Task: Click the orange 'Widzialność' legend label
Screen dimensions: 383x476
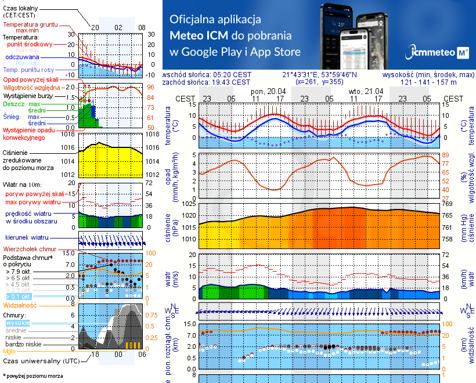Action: click(20, 305)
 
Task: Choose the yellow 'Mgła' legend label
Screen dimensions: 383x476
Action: click(9, 351)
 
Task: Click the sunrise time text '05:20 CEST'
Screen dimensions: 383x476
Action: click(232, 75)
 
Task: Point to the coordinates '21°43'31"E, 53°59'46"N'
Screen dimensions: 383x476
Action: click(319, 75)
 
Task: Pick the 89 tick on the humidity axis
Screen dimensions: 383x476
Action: click(446, 155)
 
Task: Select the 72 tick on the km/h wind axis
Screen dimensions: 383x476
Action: click(446, 255)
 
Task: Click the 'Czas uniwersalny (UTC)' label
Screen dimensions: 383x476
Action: click(38, 361)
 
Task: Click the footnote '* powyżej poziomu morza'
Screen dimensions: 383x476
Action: click(32, 376)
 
